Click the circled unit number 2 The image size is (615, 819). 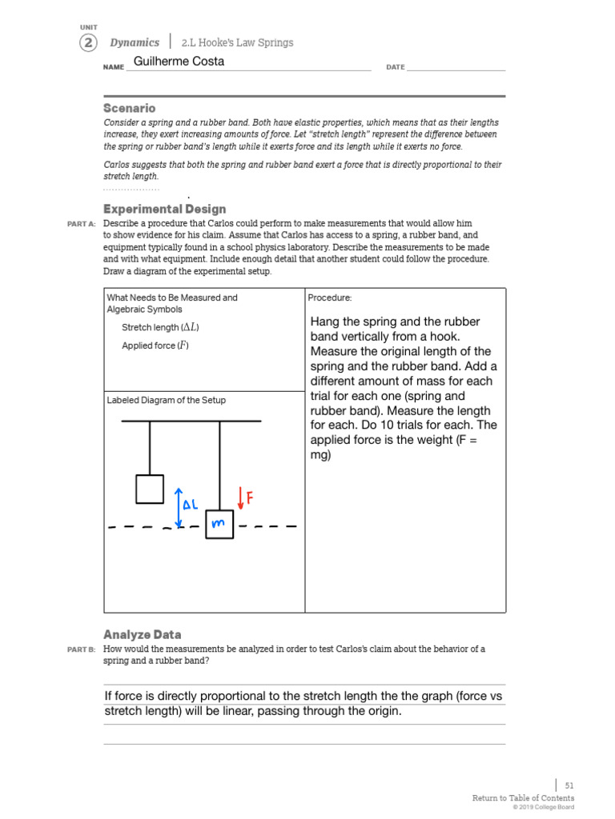[88, 43]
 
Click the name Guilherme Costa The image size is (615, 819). [179, 62]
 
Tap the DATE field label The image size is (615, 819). [396, 67]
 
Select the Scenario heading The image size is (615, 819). [129, 108]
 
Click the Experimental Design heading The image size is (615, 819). [164, 209]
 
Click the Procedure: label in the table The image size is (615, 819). [330, 298]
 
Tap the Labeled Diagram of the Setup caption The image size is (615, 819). [167, 400]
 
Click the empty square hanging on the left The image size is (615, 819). [150, 489]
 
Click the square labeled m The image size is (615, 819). [219, 524]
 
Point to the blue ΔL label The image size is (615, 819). [191, 505]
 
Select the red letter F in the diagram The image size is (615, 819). [250, 498]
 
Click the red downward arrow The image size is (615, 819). [240, 497]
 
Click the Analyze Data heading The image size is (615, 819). [142, 634]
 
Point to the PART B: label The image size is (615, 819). [82, 649]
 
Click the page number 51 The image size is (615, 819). [569, 786]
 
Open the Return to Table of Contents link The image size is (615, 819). [523, 798]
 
